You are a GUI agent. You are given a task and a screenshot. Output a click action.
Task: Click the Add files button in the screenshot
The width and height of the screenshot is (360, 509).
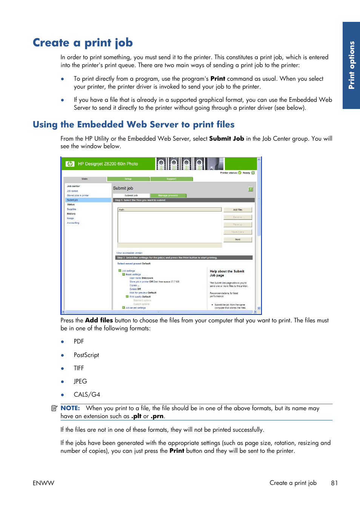237,210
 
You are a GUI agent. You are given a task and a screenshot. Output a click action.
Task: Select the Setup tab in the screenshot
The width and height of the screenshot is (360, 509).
128,179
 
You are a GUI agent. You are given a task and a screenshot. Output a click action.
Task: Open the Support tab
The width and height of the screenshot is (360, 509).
171,179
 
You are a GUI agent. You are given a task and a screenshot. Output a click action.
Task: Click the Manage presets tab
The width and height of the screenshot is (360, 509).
168,196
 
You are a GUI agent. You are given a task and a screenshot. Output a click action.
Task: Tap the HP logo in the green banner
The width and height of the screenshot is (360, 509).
70,164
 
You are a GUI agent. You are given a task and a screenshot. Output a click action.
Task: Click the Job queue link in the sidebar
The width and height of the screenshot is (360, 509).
72,191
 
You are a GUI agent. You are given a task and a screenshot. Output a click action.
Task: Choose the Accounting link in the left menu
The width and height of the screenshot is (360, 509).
73,223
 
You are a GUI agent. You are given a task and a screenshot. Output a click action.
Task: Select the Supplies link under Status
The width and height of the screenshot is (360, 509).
71,209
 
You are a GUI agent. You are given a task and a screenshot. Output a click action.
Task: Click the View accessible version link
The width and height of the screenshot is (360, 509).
129,253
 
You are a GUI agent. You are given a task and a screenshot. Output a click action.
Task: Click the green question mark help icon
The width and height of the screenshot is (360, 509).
251,189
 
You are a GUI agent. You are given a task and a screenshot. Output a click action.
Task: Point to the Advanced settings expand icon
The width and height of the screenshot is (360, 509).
123,308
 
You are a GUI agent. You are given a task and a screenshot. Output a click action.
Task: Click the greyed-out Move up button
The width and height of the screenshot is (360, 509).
237,225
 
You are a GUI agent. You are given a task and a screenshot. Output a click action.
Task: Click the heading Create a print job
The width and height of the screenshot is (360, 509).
83,43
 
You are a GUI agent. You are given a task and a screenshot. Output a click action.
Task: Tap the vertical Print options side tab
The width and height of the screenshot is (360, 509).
351,65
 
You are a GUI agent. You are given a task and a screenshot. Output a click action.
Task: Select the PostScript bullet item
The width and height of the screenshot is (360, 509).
86,355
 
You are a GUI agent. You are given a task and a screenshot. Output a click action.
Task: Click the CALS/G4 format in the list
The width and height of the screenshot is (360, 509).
87,394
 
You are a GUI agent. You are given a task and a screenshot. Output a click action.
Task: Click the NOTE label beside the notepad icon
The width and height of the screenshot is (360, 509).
70,408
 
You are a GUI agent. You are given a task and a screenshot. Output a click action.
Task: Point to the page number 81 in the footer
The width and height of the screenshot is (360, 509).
334,483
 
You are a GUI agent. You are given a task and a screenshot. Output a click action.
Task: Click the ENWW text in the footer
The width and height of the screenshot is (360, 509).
43,483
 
